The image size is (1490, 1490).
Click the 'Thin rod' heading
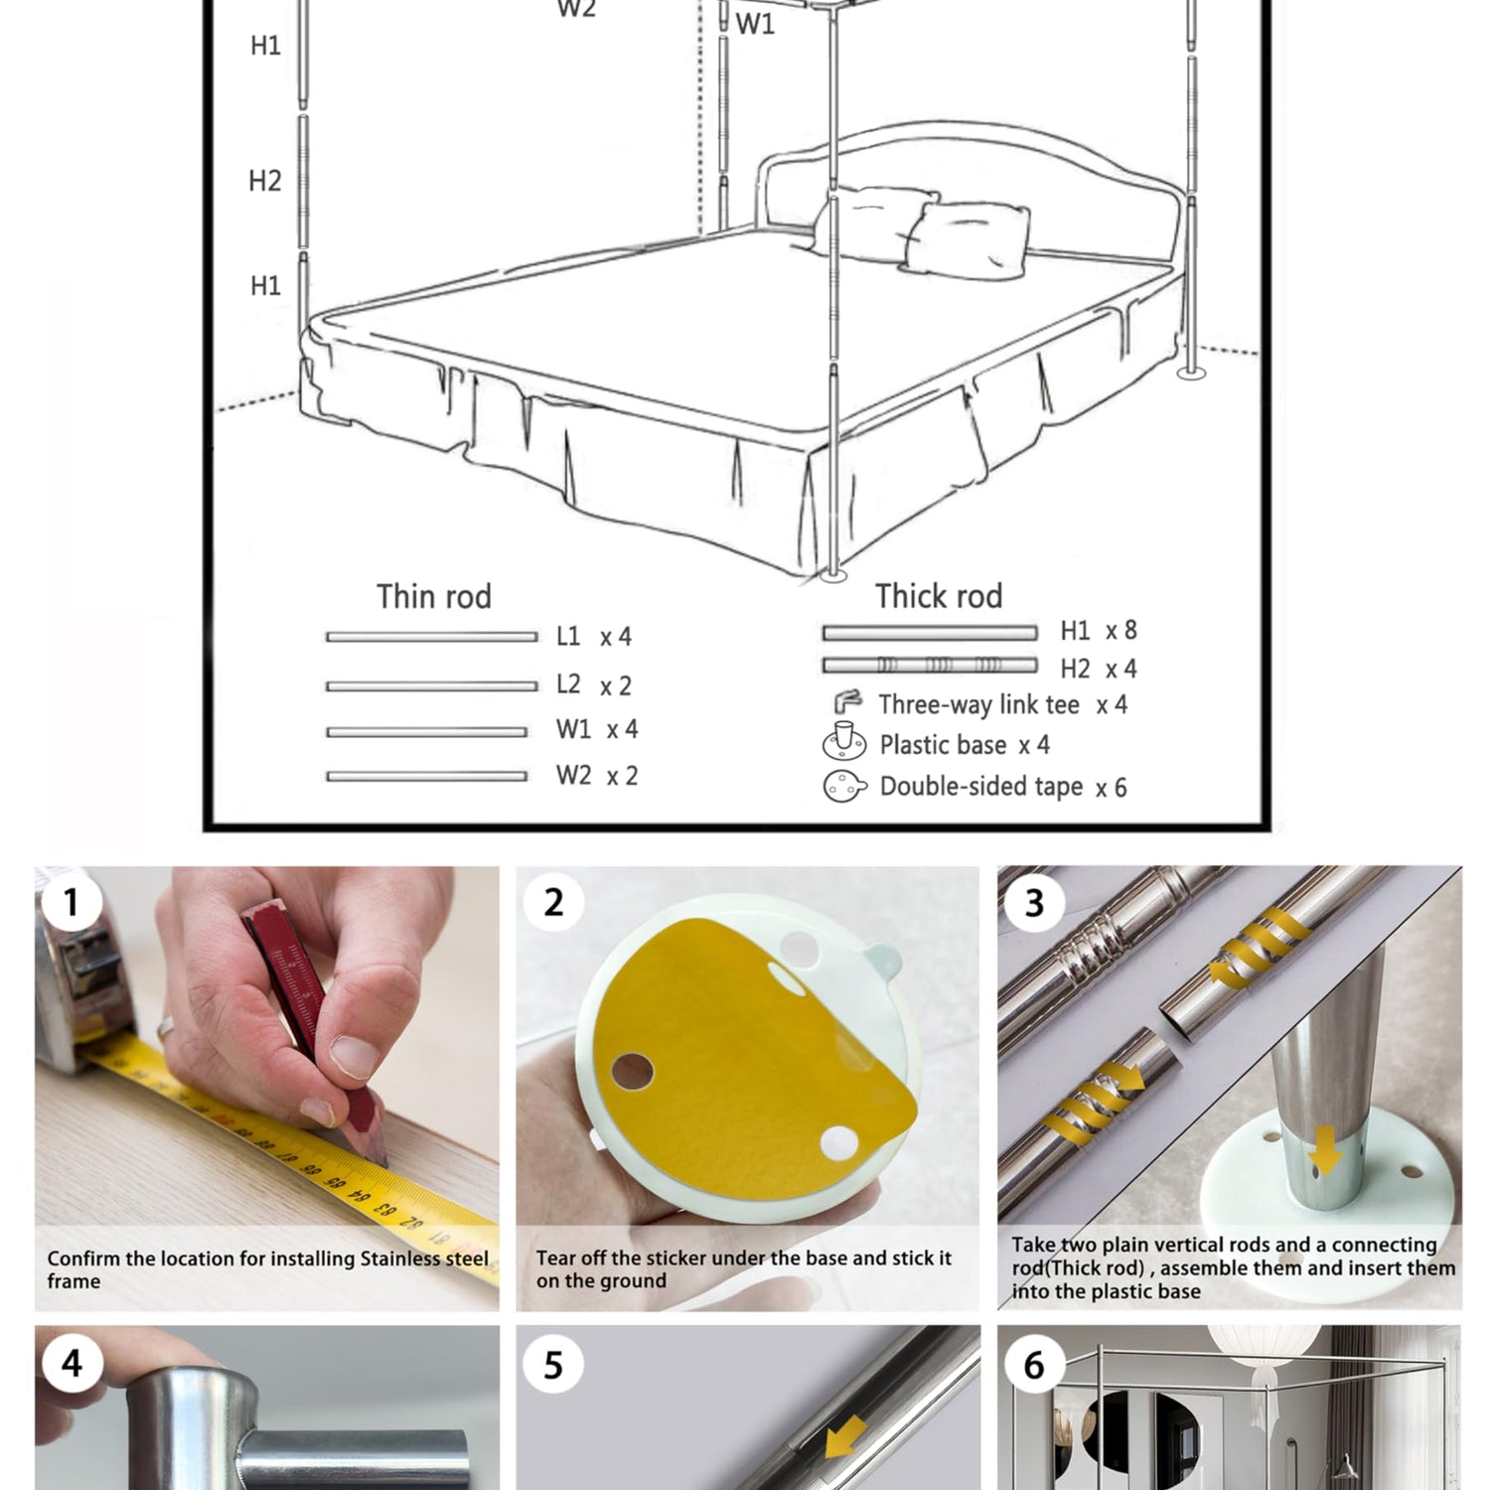click(x=434, y=596)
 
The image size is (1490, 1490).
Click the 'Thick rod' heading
click(x=939, y=596)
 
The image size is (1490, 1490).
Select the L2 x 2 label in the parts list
click(x=594, y=684)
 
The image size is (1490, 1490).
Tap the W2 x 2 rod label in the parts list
click(x=597, y=775)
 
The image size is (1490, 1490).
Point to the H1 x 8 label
click(x=1099, y=631)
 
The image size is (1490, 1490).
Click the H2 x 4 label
click(x=1099, y=669)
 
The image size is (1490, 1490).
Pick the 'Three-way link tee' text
click(x=978, y=704)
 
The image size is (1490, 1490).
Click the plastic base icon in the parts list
click(x=844, y=741)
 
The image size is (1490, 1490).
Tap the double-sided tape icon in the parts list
click(x=844, y=786)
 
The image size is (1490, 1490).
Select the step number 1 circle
click(x=71, y=902)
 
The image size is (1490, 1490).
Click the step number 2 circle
click(x=553, y=902)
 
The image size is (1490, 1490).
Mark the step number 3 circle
click(x=1034, y=902)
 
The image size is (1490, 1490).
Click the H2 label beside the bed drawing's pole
click(x=265, y=181)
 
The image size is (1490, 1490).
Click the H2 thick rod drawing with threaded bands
click(x=930, y=666)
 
